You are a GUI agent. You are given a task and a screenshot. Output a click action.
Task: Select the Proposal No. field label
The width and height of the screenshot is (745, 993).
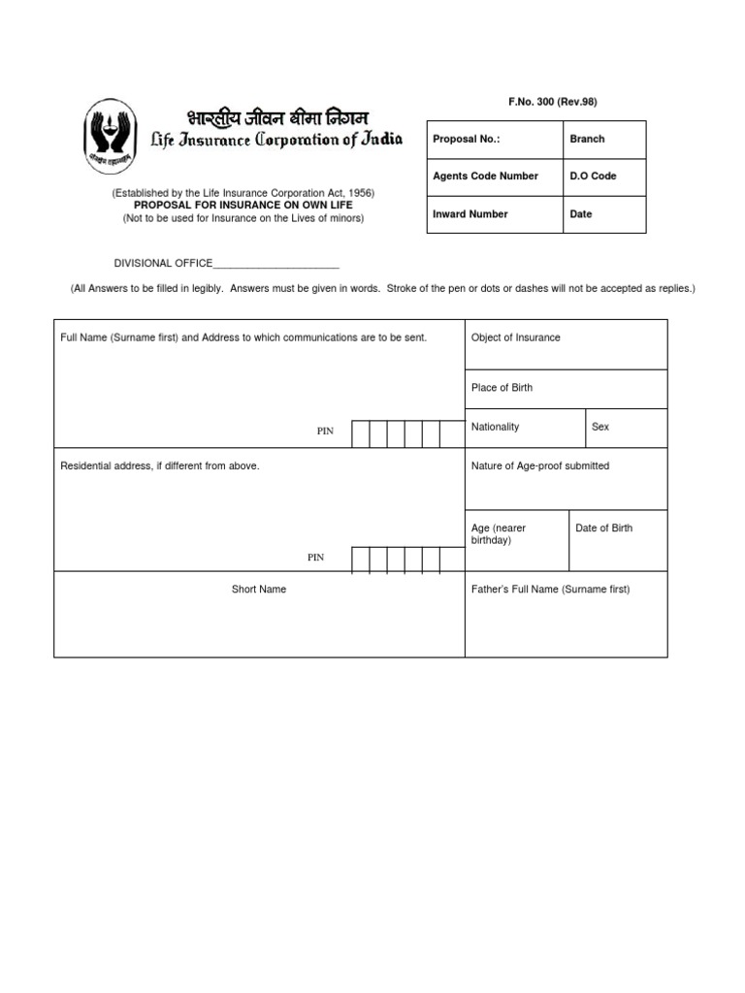coord(467,139)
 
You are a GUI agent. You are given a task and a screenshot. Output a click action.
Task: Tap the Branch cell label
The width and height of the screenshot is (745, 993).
coord(587,139)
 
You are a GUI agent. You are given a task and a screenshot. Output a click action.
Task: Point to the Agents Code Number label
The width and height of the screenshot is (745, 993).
coord(485,176)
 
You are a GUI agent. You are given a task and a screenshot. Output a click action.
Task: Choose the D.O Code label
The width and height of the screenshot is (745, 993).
coord(593,176)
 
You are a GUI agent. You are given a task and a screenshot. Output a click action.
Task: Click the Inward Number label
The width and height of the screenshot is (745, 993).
coord(470,214)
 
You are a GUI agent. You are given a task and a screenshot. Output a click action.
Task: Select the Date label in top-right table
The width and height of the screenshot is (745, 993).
coord(581,214)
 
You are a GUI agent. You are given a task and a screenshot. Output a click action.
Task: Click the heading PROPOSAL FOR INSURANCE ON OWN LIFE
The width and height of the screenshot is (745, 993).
coord(243,206)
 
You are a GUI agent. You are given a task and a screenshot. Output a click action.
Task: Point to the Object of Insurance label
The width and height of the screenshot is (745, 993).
coord(515,337)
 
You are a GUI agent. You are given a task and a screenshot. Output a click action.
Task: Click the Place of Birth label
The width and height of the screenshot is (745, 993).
coord(502,388)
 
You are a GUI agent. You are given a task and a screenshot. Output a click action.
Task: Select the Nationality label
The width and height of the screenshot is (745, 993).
coord(495,427)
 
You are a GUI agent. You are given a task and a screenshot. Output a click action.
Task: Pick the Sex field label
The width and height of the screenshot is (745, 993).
coord(600,427)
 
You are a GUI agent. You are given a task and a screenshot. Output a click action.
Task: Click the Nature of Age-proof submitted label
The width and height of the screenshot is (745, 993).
coord(540,465)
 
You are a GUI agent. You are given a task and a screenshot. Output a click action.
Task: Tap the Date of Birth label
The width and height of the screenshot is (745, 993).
coord(603,528)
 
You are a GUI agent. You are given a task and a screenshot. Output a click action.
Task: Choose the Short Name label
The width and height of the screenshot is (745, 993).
coord(259,589)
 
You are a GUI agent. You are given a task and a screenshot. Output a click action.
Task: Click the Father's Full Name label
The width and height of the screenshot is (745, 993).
coord(550,589)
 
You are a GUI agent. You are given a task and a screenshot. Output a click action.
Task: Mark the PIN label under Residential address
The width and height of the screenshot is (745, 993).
coord(316,558)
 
